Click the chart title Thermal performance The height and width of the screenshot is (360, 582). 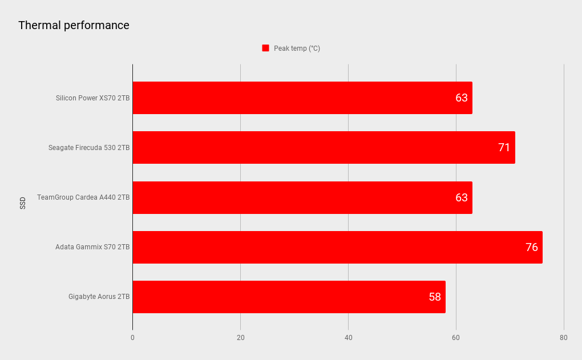click(x=74, y=26)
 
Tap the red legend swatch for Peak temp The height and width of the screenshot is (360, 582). click(x=265, y=48)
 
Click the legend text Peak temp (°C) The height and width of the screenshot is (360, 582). click(x=297, y=48)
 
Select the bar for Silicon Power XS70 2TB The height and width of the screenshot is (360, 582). click(x=302, y=98)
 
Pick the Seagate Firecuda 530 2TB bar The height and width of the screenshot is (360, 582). click(x=324, y=148)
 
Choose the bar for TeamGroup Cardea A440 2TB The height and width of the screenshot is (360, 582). click(x=302, y=197)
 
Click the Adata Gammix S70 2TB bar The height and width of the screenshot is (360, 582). click(x=337, y=247)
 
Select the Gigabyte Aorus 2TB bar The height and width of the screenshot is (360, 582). click(x=289, y=297)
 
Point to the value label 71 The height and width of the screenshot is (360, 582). click(x=504, y=148)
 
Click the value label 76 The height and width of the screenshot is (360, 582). click(x=531, y=247)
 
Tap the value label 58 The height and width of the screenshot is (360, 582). click(x=435, y=297)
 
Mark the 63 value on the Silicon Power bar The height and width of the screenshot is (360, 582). click(x=461, y=98)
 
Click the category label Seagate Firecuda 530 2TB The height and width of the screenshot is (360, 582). click(x=89, y=148)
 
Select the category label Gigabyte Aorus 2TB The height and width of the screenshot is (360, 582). click(x=99, y=297)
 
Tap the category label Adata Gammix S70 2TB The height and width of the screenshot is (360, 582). click(x=92, y=247)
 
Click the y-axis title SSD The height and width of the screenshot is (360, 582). click(x=23, y=203)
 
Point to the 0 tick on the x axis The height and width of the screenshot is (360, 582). click(x=132, y=338)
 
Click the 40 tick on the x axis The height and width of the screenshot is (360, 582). click(x=348, y=338)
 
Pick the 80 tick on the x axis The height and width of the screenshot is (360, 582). click(x=564, y=338)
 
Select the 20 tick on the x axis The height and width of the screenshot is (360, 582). click(x=240, y=338)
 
